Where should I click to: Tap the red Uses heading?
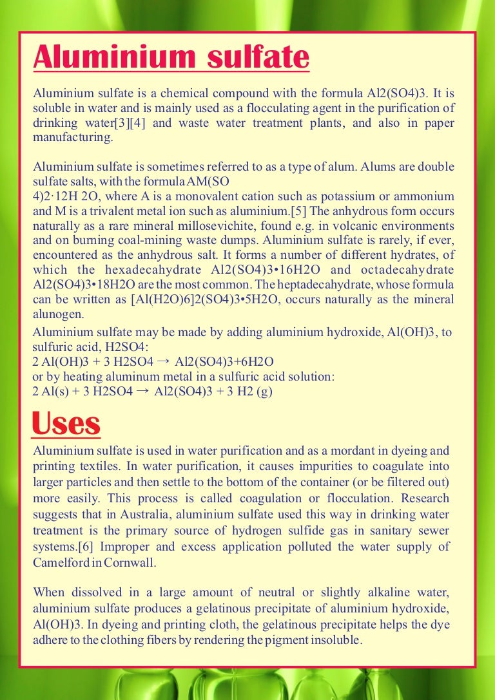66,424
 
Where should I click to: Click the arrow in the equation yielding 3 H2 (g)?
144,390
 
